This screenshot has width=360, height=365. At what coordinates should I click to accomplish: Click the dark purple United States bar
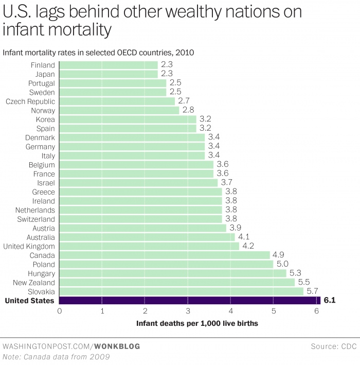190,301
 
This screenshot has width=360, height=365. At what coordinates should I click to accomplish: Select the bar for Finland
109,65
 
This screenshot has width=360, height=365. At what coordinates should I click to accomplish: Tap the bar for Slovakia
182,291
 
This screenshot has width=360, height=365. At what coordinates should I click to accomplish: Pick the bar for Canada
165,255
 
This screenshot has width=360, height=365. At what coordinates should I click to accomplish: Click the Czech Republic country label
30,101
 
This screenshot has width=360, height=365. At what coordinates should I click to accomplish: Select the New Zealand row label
35,283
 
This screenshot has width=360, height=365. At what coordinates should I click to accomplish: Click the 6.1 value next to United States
330,301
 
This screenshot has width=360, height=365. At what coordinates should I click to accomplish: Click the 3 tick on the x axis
188,311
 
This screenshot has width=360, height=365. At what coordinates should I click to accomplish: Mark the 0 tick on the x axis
60,311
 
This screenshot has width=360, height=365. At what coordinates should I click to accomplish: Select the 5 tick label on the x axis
274,311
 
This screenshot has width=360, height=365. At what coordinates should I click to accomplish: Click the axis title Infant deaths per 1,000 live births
197,324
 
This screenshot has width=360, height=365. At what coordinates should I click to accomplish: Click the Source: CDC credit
334,346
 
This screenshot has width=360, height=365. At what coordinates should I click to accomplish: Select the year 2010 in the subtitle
184,53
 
